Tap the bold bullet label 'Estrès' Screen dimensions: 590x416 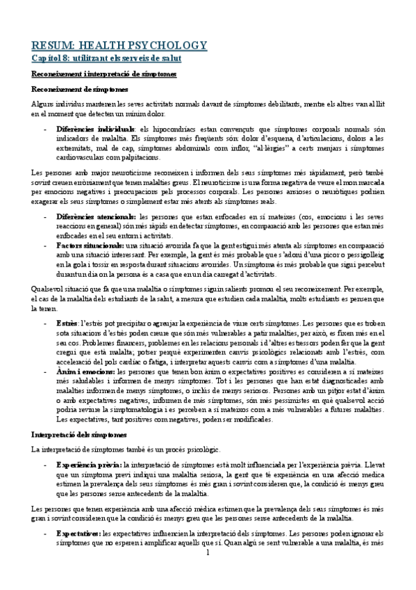click(x=67, y=324)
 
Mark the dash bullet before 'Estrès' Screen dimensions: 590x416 click(x=46, y=324)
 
